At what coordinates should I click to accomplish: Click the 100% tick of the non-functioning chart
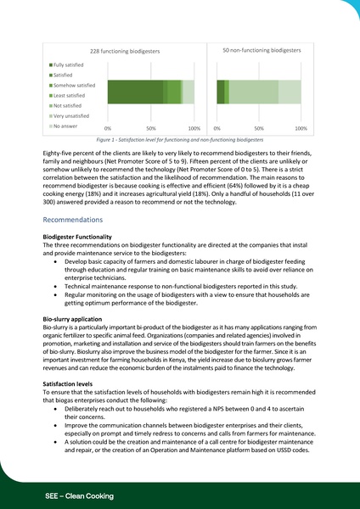(x=300, y=127)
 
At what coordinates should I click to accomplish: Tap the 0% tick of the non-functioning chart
(x=217, y=127)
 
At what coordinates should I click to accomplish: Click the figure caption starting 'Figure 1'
(x=180, y=137)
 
